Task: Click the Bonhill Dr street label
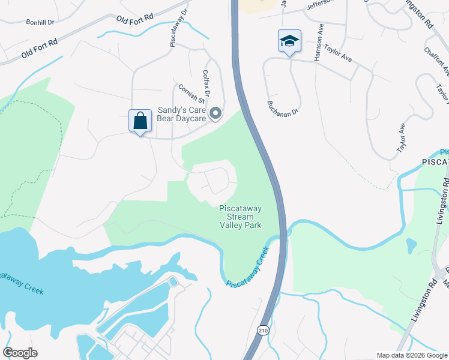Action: pyautogui.click(x=40, y=22)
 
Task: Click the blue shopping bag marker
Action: pyautogui.click(x=140, y=121)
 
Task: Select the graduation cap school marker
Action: pyautogui.click(x=289, y=41)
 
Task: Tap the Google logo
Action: pyautogui.click(x=20, y=353)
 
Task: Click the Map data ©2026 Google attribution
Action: pyautogui.click(x=411, y=355)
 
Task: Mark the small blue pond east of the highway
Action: pyautogui.click(x=411, y=245)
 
